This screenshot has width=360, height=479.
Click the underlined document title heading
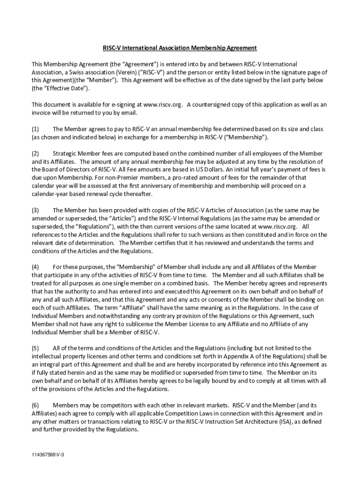click(x=180, y=48)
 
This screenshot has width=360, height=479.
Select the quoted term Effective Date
click(x=60, y=88)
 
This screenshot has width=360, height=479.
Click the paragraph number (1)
click(x=35, y=129)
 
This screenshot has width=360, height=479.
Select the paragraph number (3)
click(x=35, y=210)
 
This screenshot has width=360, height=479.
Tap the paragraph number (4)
click(x=35, y=267)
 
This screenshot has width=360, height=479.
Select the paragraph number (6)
click(x=35, y=405)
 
